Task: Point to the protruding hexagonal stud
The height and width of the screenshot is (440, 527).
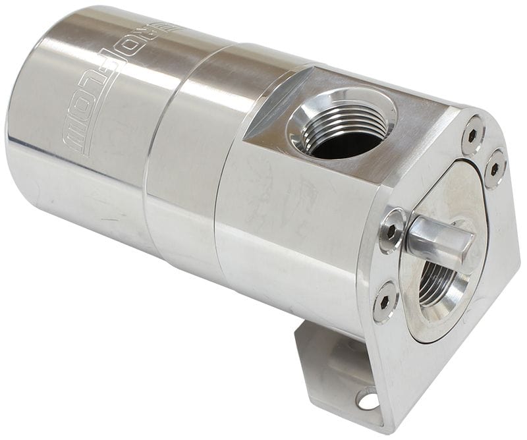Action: coord(437,238)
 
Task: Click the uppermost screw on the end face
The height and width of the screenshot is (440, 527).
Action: coord(472,134)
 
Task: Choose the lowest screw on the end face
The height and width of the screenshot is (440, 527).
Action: coord(385,301)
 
